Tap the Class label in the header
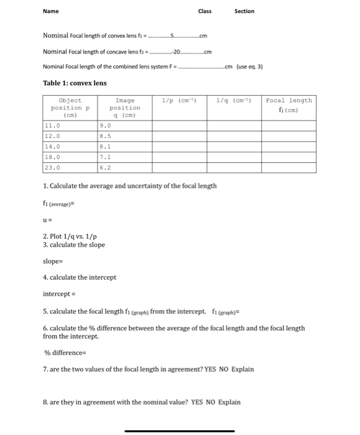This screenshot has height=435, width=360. pyautogui.click(x=205, y=11)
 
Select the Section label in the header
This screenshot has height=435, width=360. pyautogui.click(x=244, y=11)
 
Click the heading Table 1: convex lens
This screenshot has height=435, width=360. pyautogui.click(x=75, y=83)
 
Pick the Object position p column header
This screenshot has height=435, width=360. pyautogui.click(x=70, y=108)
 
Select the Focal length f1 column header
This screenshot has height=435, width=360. pyautogui.click(x=288, y=104)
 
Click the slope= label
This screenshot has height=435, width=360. pyautogui.click(x=53, y=261)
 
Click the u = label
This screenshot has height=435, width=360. pyautogui.click(x=47, y=219)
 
